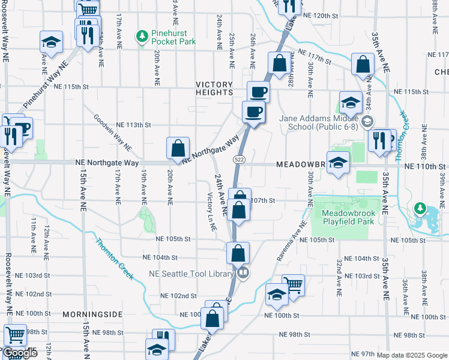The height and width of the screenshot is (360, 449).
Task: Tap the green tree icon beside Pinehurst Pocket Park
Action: pyautogui.click(x=142, y=37)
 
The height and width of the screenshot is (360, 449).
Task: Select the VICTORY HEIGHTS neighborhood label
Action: pyautogui.click(x=214, y=88)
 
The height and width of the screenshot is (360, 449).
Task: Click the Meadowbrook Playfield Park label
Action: pyautogui.click(x=348, y=217)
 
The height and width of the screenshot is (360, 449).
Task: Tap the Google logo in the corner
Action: pyautogui.click(x=20, y=353)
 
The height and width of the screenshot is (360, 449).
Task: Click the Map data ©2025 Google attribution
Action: pyautogui.click(x=412, y=355)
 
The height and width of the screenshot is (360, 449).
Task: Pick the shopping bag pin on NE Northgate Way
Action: pyautogui.click(x=178, y=148)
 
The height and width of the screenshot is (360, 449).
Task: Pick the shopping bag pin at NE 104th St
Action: pyautogui.click(x=238, y=253)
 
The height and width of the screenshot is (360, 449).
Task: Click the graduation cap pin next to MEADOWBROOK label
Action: pyautogui.click(x=339, y=163)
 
